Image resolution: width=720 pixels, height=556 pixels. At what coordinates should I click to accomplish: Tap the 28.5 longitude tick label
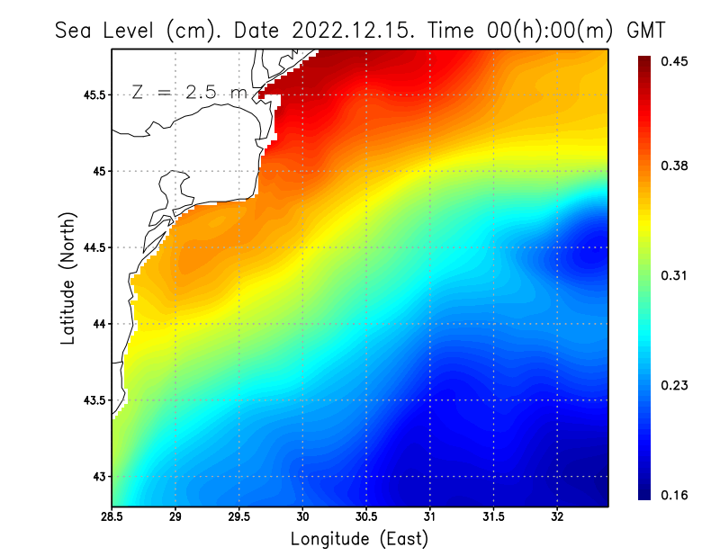(x=112, y=517)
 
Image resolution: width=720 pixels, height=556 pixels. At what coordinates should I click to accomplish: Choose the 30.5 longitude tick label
(x=366, y=517)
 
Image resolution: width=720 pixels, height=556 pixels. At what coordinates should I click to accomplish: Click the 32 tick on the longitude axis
(x=557, y=517)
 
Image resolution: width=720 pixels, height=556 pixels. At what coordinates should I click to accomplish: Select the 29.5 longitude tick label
(x=239, y=517)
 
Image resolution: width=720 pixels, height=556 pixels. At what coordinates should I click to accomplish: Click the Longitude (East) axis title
(x=359, y=539)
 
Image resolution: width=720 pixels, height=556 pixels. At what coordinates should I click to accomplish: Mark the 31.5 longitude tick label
(x=493, y=517)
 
